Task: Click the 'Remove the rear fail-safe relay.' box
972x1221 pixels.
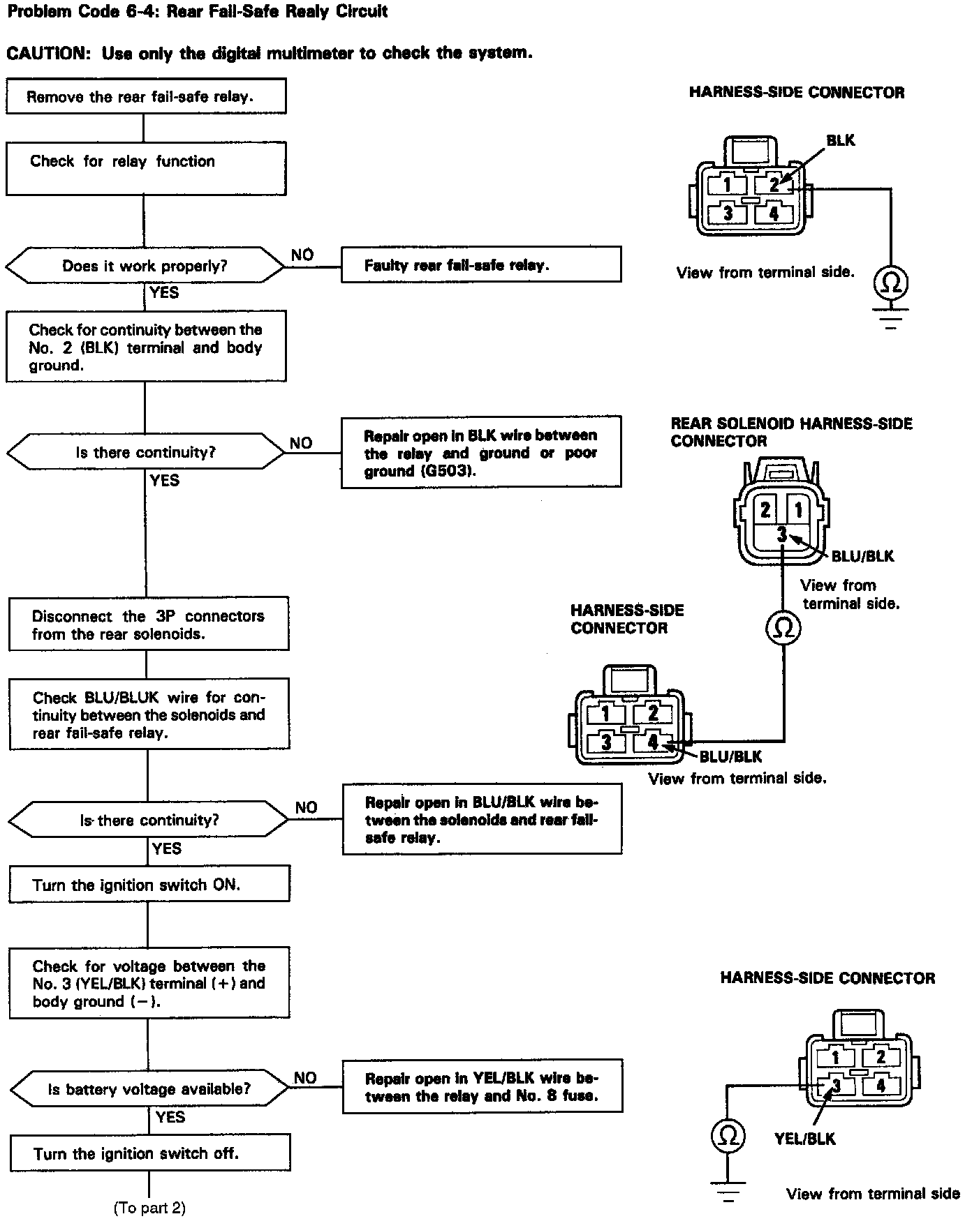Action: [146, 96]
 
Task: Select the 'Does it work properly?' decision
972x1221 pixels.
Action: [145, 265]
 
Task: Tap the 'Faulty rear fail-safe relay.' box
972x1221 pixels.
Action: [480, 264]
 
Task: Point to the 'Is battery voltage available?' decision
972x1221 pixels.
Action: [149, 1089]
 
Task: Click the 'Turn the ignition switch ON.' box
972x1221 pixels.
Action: [149, 885]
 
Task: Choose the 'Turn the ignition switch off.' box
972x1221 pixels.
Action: [149, 1153]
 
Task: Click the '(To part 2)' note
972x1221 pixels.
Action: [149, 1208]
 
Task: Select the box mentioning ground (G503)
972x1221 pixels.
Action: [480, 453]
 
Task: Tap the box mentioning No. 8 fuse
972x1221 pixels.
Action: [482, 1087]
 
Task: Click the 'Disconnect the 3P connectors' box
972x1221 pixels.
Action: [149, 624]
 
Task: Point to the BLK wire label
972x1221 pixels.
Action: [840, 140]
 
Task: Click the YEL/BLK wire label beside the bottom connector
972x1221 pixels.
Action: [804, 1138]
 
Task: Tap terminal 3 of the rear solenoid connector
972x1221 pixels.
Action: [782, 534]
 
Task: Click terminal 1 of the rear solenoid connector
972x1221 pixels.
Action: [798, 510]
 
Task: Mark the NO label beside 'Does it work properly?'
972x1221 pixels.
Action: [302, 255]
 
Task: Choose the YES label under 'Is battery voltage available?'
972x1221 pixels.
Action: [170, 1117]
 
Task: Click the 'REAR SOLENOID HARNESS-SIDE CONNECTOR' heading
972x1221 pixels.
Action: [791, 432]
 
